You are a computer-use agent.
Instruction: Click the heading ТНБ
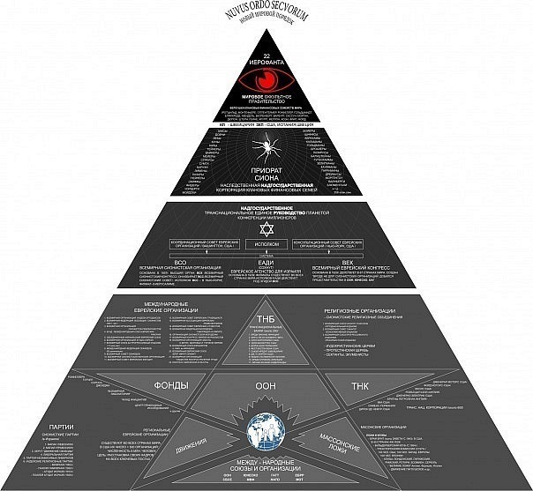point(266,318)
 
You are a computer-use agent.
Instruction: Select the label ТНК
point(361,386)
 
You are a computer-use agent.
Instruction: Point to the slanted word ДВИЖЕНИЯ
point(191,434)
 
